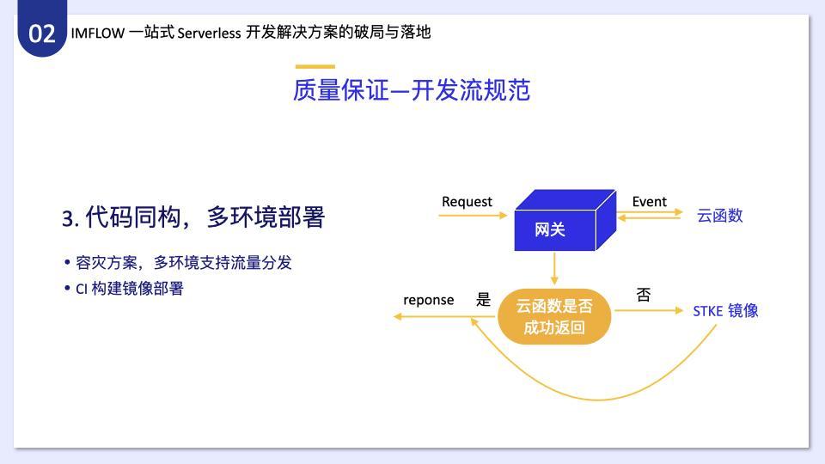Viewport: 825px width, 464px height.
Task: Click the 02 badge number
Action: click(x=41, y=34)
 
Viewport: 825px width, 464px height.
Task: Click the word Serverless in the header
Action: click(x=209, y=33)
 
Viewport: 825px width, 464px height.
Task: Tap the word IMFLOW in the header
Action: click(x=97, y=33)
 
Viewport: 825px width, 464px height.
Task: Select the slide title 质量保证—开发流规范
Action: click(x=412, y=90)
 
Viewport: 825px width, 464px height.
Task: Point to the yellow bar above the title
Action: click(x=315, y=66)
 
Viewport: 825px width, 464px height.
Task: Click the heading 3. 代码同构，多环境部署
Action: click(x=193, y=217)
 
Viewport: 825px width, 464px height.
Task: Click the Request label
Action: click(x=467, y=202)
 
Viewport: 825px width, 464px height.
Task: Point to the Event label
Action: click(x=650, y=201)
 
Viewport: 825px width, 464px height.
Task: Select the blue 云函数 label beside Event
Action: click(x=719, y=215)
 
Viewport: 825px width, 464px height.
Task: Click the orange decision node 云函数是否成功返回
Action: click(x=554, y=317)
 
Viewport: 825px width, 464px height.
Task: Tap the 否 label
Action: click(x=644, y=295)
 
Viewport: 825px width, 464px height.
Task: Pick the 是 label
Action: click(x=483, y=299)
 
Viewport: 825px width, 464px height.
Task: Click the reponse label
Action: click(x=428, y=300)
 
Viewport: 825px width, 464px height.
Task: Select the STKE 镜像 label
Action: click(x=725, y=311)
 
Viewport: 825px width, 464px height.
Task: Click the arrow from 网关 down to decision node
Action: click(x=554, y=268)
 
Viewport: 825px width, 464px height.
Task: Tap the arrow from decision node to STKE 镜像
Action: click(x=649, y=310)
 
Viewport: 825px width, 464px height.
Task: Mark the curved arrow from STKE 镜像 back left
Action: click(x=598, y=400)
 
